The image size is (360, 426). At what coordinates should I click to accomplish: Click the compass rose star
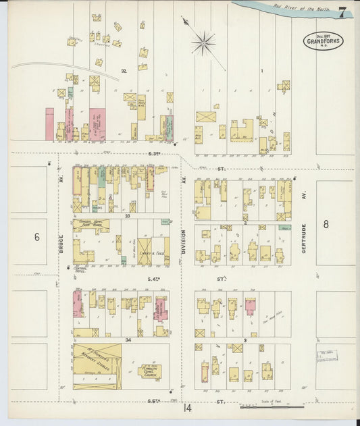pyautogui.click(x=203, y=43)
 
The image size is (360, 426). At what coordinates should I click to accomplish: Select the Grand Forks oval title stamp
pyautogui.click(x=322, y=40)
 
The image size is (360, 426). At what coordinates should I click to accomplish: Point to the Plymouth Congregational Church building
pyautogui.click(x=150, y=371)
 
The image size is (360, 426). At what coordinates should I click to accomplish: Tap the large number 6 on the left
pyautogui.click(x=37, y=236)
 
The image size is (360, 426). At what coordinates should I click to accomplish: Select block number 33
pyautogui.click(x=127, y=217)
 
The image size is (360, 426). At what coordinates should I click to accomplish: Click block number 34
pyautogui.click(x=127, y=340)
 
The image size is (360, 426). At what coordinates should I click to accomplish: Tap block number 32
pyautogui.click(x=123, y=70)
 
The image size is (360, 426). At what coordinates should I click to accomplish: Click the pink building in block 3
pyautogui.click(x=250, y=307)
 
